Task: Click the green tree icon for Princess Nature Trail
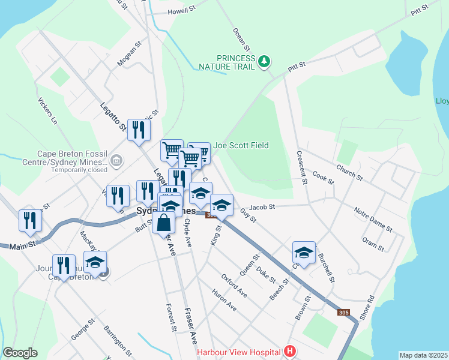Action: [x=264, y=61]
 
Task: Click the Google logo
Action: [x=20, y=353]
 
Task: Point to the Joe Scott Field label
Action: [x=241, y=145]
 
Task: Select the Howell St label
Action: [x=182, y=11]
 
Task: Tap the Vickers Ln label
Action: [x=47, y=111]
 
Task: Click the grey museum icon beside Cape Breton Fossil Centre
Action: [x=116, y=161]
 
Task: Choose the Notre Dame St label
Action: [x=373, y=220]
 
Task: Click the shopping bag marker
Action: [x=164, y=223]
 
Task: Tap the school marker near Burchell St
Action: [x=304, y=252]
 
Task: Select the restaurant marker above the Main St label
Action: [x=31, y=220]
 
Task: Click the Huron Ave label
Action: [x=224, y=300]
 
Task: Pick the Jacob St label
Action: [x=262, y=207]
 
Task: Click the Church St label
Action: [x=349, y=173]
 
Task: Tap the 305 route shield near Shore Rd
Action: [x=343, y=313]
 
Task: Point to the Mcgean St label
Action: [x=129, y=53]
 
